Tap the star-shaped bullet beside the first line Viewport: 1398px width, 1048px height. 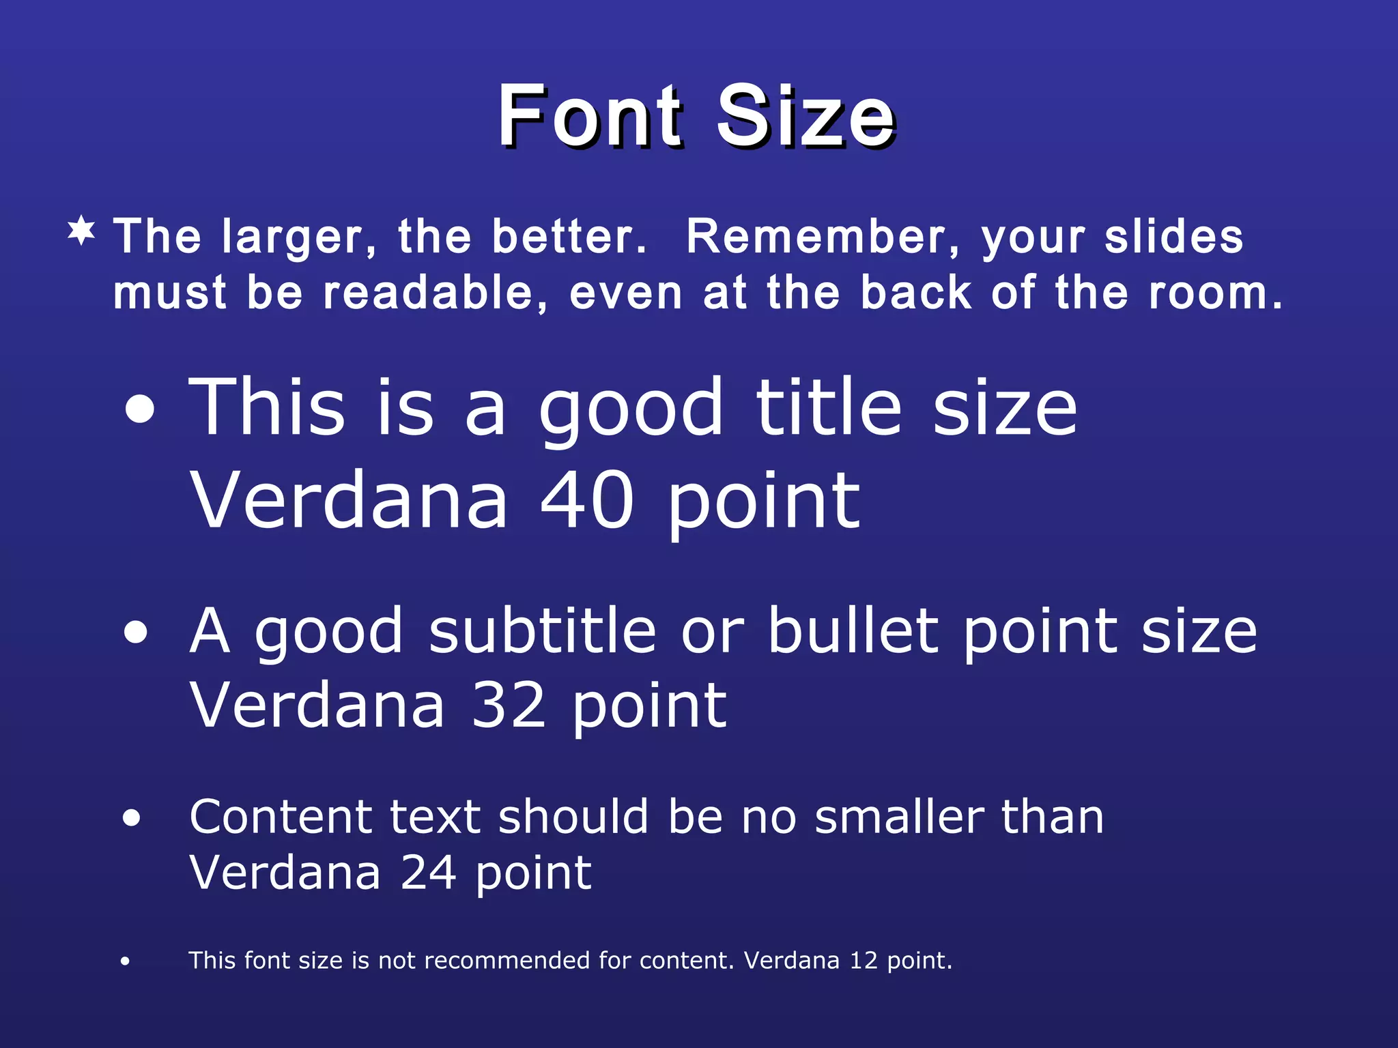coord(82,231)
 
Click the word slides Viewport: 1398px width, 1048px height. coord(1174,237)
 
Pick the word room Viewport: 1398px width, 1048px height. coord(1215,293)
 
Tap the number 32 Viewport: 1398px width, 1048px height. coord(509,706)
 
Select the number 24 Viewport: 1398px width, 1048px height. coord(428,873)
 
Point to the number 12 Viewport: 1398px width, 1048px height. coord(863,961)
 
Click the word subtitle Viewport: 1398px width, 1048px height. coord(543,631)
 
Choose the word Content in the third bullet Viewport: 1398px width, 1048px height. coord(281,817)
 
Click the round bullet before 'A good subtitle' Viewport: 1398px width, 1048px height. coord(136,632)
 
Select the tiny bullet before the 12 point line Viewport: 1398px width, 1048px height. coord(125,961)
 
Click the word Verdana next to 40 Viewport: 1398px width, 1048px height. coord(349,501)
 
